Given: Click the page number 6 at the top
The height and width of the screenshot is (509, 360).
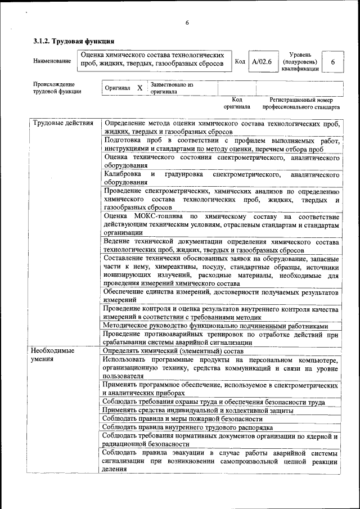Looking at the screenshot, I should [x=187, y=22].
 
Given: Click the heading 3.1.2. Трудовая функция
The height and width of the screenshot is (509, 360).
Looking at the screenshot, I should [x=74, y=41].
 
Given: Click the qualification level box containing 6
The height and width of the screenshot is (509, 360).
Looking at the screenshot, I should [x=333, y=62].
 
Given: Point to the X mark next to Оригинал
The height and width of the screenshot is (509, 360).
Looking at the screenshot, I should [x=139, y=88].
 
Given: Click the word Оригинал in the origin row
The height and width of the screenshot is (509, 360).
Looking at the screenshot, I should [x=118, y=88].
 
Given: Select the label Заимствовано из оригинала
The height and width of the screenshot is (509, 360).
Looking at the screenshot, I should [x=171, y=88].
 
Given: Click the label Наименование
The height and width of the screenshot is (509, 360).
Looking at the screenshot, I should [x=52, y=61].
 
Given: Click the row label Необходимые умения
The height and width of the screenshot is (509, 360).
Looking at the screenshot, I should [x=54, y=354].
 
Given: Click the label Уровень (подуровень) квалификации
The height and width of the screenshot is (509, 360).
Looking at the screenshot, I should [x=300, y=61].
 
